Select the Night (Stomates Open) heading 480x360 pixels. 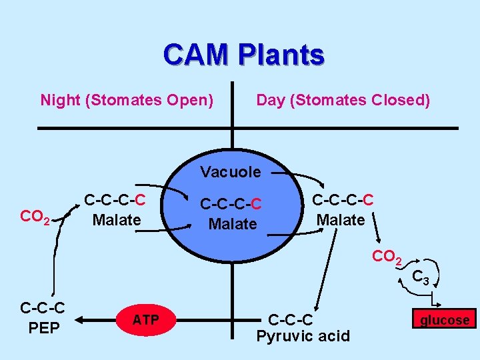pos(127,101)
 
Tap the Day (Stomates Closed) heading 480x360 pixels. pos(343,101)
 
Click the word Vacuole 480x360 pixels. pos(231,172)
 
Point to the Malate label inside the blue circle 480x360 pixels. pos(233,224)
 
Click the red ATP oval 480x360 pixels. pos(145,321)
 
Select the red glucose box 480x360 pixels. pos(444,320)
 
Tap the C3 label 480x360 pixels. pos(420,276)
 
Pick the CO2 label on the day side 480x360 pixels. pos(387,256)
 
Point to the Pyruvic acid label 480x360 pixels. pos(303,335)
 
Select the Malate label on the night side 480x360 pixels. pos(116,219)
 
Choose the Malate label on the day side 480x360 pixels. pos(340,219)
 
